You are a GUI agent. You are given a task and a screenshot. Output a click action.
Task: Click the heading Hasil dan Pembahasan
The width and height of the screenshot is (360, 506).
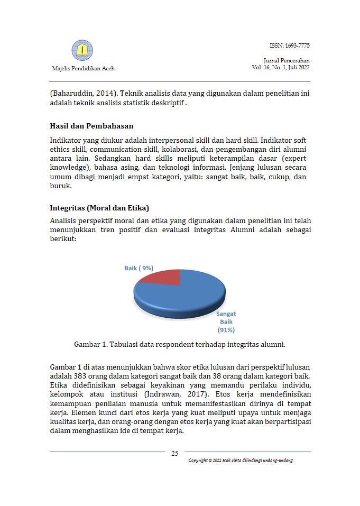tap(91, 126)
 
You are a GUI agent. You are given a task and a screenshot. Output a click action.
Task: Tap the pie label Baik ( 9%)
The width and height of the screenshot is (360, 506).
tap(139, 268)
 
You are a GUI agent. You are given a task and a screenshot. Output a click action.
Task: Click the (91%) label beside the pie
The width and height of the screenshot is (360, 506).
tap(226, 330)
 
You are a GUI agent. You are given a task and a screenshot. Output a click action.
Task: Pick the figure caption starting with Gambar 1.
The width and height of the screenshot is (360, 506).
tap(180, 344)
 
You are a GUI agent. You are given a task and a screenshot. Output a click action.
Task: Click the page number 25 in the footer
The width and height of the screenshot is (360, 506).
tap(174, 453)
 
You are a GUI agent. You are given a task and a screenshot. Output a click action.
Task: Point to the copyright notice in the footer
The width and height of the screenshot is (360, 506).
tap(241, 460)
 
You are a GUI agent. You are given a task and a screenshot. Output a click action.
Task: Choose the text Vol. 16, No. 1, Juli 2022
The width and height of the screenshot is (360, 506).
tap(281, 68)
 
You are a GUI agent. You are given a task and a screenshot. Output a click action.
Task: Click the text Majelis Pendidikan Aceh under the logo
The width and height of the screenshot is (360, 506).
tap(83, 69)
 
